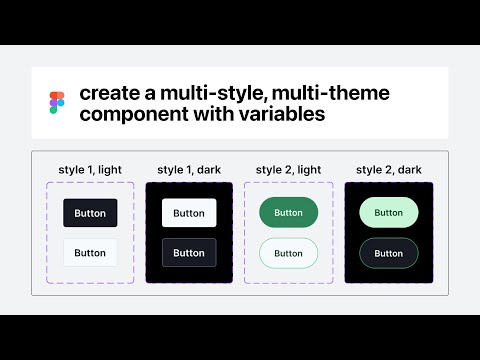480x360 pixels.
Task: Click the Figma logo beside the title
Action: pyautogui.click(x=56, y=103)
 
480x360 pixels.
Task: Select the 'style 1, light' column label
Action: pyautogui.click(x=90, y=169)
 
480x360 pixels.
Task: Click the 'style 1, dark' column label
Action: pyautogui.click(x=189, y=169)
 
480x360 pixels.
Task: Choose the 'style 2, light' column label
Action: pyautogui.click(x=288, y=169)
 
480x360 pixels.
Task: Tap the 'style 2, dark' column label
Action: pyautogui.click(x=388, y=169)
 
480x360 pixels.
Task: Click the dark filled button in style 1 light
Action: pyautogui.click(x=90, y=212)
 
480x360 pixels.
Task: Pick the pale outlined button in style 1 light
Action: pyautogui.click(x=90, y=253)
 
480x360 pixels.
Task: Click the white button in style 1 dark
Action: pyautogui.click(x=189, y=213)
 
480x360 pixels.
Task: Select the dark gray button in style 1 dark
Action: pyautogui.click(x=189, y=253)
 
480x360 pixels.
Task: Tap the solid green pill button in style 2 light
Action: pyautogui.click(x=288, y=212)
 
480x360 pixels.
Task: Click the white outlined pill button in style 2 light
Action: pyautogui.click(x=288, y=253)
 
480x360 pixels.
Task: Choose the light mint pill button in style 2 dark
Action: pyautogui.click(x=388, y=212)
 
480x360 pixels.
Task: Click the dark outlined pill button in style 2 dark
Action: pyautogui.click(x=388, y=253)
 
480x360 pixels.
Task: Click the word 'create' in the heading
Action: pyautogui.click(x=108, y=94)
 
